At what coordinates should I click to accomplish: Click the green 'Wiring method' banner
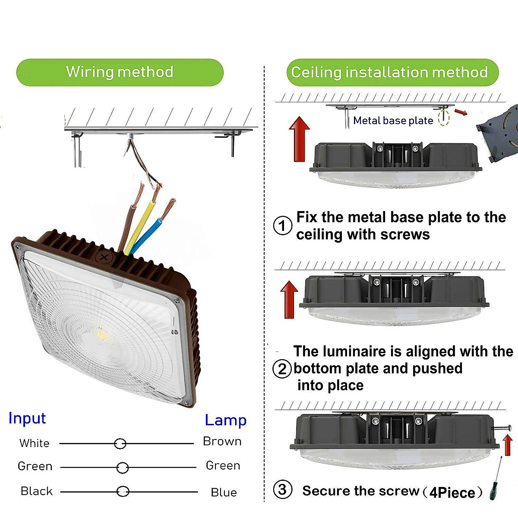pyautogui.click(x=120, y=72)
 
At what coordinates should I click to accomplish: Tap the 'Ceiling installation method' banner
pyautogui.click(x=389, y=73)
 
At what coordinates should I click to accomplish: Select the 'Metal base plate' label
pyautogui.click(x=393, y=120)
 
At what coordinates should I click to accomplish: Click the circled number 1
pyautogui.click(x=283, y=225)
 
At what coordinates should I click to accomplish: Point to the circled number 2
pyautogui.click(x=282, y=369)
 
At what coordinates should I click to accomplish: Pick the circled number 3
pyautogui.click(x=282, y=490)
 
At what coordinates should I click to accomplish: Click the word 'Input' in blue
pyautogui.click(x=27, y=418)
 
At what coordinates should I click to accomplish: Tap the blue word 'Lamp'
pyautogui.click(x=225, y=420)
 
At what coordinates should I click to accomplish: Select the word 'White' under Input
pyautogui.click(x=34, y=443)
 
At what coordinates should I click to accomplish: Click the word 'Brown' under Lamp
pyautogui.click(x=222, y=441)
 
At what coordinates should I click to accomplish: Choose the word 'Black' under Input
pyautogui.click(x=36, y=491)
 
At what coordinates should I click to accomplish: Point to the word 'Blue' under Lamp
pyautogui.click(x=224, y=493)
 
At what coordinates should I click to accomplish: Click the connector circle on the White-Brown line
pyautogui.click(x=120, y=443)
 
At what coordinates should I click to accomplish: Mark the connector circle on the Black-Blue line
pyautogui.click(x=123, y=492)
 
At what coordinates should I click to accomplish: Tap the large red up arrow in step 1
pyautogui.click(x=299, y=139)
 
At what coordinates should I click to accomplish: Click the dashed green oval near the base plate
pyautogui.click(x=444, y=117)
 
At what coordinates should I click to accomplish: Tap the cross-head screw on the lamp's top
pyautogui.click(x=104, y=258)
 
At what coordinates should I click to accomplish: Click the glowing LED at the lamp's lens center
pyautogui.click(x=101, y=333)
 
